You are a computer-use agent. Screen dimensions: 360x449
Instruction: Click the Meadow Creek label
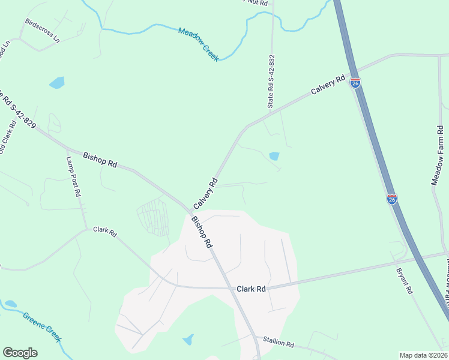point(199,44)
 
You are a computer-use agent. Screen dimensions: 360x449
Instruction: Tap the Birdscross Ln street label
point(43,30)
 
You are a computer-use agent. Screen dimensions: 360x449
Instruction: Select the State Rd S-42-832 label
point(271,82)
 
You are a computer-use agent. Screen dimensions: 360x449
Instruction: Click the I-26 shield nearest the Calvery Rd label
point(355,83)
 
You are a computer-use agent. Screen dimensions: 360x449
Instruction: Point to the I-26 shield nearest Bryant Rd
point(392,199)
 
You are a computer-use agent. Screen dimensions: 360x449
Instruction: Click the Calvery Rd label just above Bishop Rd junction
point(205,193)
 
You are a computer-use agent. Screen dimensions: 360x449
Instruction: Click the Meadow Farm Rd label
point(438,155)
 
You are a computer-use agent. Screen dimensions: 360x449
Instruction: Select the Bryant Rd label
point(404,280)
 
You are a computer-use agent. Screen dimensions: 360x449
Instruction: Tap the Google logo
point(20,353)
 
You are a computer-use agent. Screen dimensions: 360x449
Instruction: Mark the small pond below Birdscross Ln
point(57,83)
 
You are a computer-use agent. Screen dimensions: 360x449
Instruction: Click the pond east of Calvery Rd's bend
point(274,156)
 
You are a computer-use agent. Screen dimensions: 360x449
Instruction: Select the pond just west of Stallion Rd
point(188,340)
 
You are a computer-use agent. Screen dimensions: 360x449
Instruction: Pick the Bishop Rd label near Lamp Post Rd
point(100,159)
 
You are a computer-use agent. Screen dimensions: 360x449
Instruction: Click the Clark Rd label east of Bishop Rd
point(251,289)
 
